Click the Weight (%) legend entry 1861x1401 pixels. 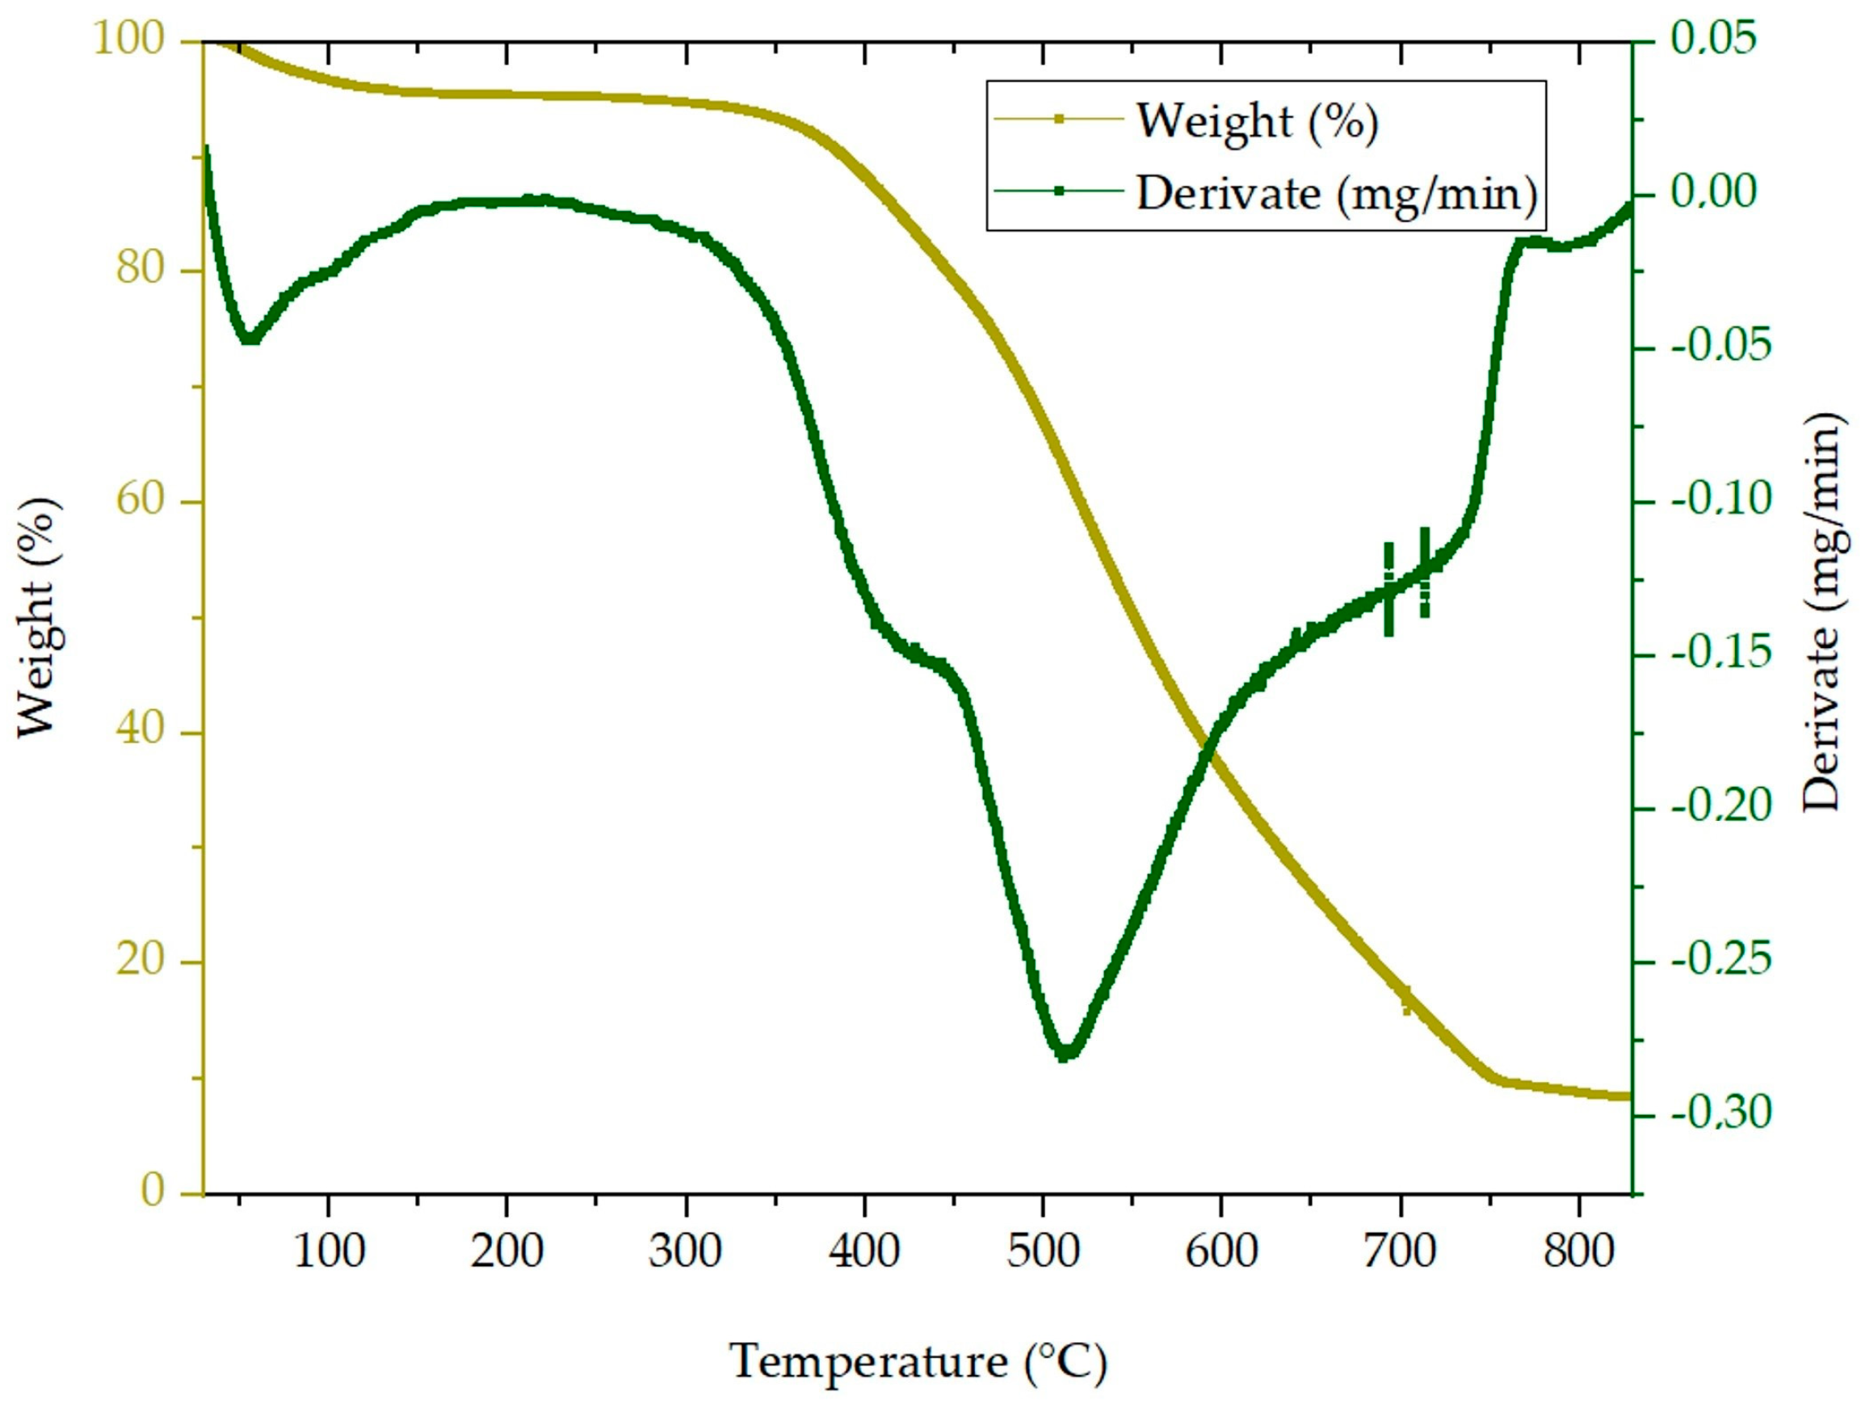point(1257,122)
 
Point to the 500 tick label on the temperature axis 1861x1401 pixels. point(1043,1252)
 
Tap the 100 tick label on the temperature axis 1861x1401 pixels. point(328,1252)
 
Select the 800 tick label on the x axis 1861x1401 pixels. point(1578,1252)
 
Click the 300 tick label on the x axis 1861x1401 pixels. point(685,1252)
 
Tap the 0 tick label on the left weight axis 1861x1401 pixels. point(153,1192)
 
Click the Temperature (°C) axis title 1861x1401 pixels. point(917,1361)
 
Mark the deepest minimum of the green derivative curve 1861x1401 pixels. point(1065,1053)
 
